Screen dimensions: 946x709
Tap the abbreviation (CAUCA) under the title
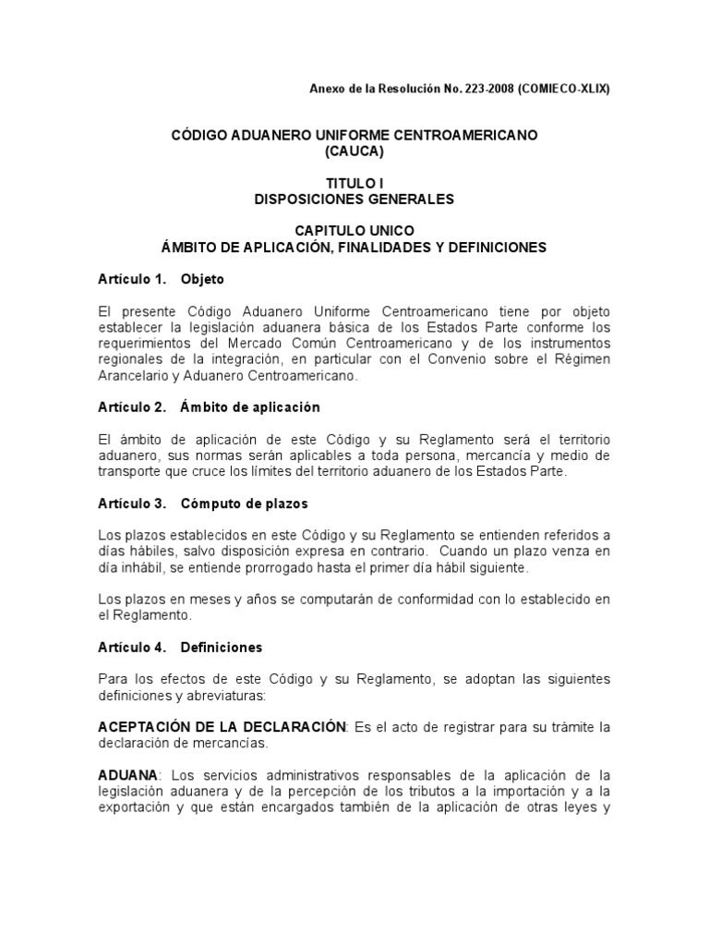tap(354, 151)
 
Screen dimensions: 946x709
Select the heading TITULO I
tap(354, 184)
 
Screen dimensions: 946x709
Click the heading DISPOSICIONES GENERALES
tap(354, 199)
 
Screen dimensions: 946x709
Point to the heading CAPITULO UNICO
tap(354, 231)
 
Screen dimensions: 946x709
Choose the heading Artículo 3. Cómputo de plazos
tap(203, 503)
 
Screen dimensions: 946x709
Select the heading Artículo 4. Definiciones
tap(180, 648)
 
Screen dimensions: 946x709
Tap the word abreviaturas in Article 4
tap(202, 696)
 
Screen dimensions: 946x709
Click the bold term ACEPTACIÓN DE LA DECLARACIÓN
tap(222, 727)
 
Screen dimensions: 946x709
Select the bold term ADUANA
tap(126, 775)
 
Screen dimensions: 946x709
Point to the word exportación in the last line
tap(138, 807)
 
